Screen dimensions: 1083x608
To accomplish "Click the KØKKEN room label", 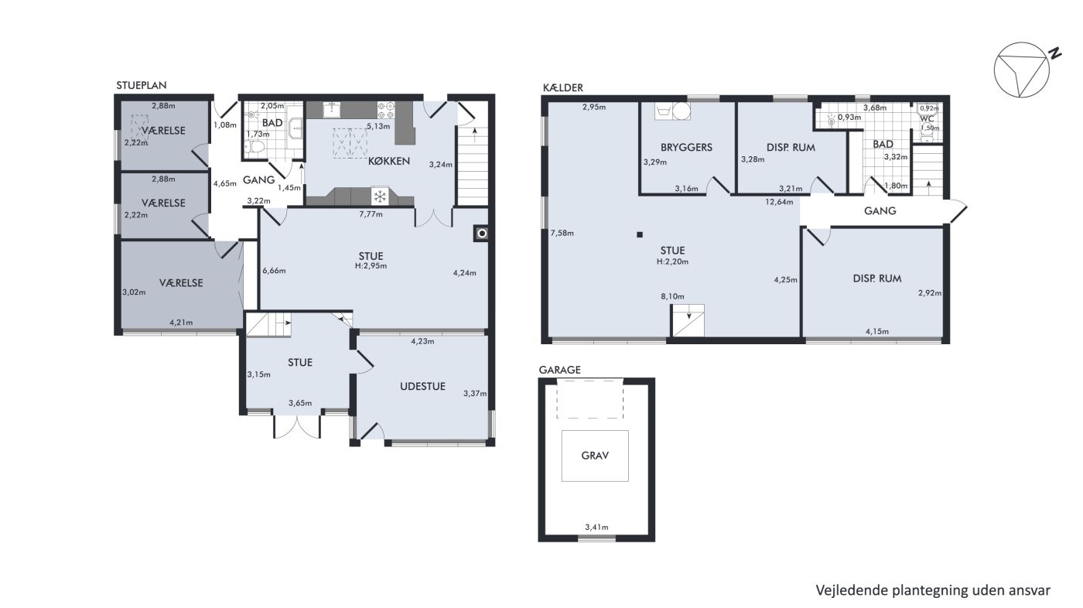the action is point(388,161).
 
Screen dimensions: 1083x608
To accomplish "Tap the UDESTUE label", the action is point(422,386).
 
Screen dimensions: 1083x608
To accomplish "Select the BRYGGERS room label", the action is point(687,148).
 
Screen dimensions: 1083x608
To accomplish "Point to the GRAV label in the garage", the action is point(595,456).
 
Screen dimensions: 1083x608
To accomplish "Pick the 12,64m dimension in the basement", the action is point(779,202).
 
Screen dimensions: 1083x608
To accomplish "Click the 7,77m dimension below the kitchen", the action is point(371,214).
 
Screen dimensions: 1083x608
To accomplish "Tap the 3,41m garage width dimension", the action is point(596,527).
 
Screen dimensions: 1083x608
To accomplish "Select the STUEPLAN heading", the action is point(141,86).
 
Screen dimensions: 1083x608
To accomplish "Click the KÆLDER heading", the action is point(563,87).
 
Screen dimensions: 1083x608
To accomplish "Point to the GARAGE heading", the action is point(560,370).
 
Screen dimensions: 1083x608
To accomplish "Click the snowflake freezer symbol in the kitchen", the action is point(380,196).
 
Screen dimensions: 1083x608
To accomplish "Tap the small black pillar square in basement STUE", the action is point(640,235).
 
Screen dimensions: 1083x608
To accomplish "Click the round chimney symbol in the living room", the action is point(481,234).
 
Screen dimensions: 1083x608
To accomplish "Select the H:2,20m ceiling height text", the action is point(672,261).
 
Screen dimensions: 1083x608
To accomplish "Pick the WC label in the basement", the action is point(927,118).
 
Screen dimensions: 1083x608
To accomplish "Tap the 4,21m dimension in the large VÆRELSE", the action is point(181,323).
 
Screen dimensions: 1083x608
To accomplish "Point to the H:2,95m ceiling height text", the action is point(371,266).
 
